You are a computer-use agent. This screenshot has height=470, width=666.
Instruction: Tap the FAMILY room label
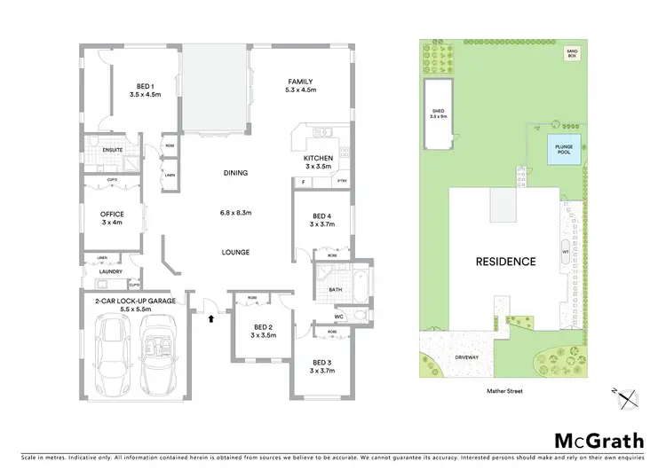[x=298, y=82]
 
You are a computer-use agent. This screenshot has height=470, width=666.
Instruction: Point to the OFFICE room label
[x=113, y=215]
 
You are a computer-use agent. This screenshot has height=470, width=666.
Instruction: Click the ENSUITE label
[x=112, y=150]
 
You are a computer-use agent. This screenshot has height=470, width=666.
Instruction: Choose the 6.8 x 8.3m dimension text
[x=235, y=212]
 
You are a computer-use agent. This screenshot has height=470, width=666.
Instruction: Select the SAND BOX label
[x=572, y=54]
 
